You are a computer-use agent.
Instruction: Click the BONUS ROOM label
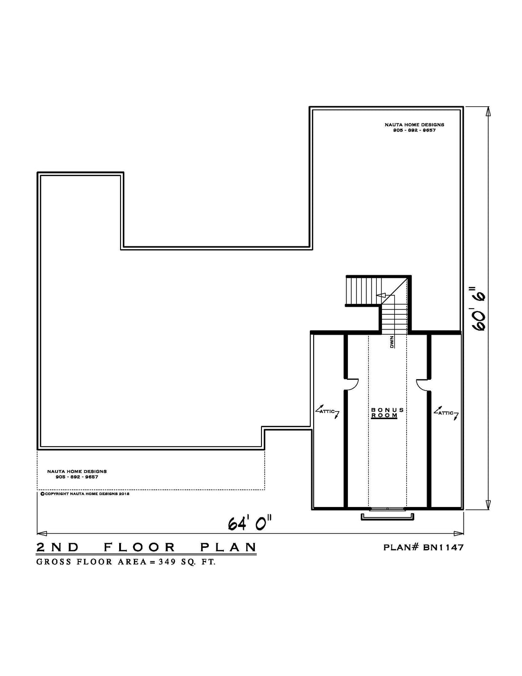(387, 413)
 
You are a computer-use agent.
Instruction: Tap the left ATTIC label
(327, 411)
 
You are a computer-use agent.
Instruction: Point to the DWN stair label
(392, 342)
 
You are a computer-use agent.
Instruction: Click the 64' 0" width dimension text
(251, 522)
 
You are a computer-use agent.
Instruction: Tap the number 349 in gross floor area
(166, 562)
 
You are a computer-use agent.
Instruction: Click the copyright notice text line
(85, 494)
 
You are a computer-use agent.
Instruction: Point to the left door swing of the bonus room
(352, 384)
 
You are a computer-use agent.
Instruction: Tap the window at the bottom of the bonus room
(387, 508)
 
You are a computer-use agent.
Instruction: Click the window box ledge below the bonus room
(387, 516)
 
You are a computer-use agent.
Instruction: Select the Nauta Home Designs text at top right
(414, 125)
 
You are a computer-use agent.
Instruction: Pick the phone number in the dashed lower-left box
(77, 477)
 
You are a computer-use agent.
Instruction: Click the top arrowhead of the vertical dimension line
(488, 112)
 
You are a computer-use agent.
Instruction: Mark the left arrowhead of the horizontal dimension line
(42, 534)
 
